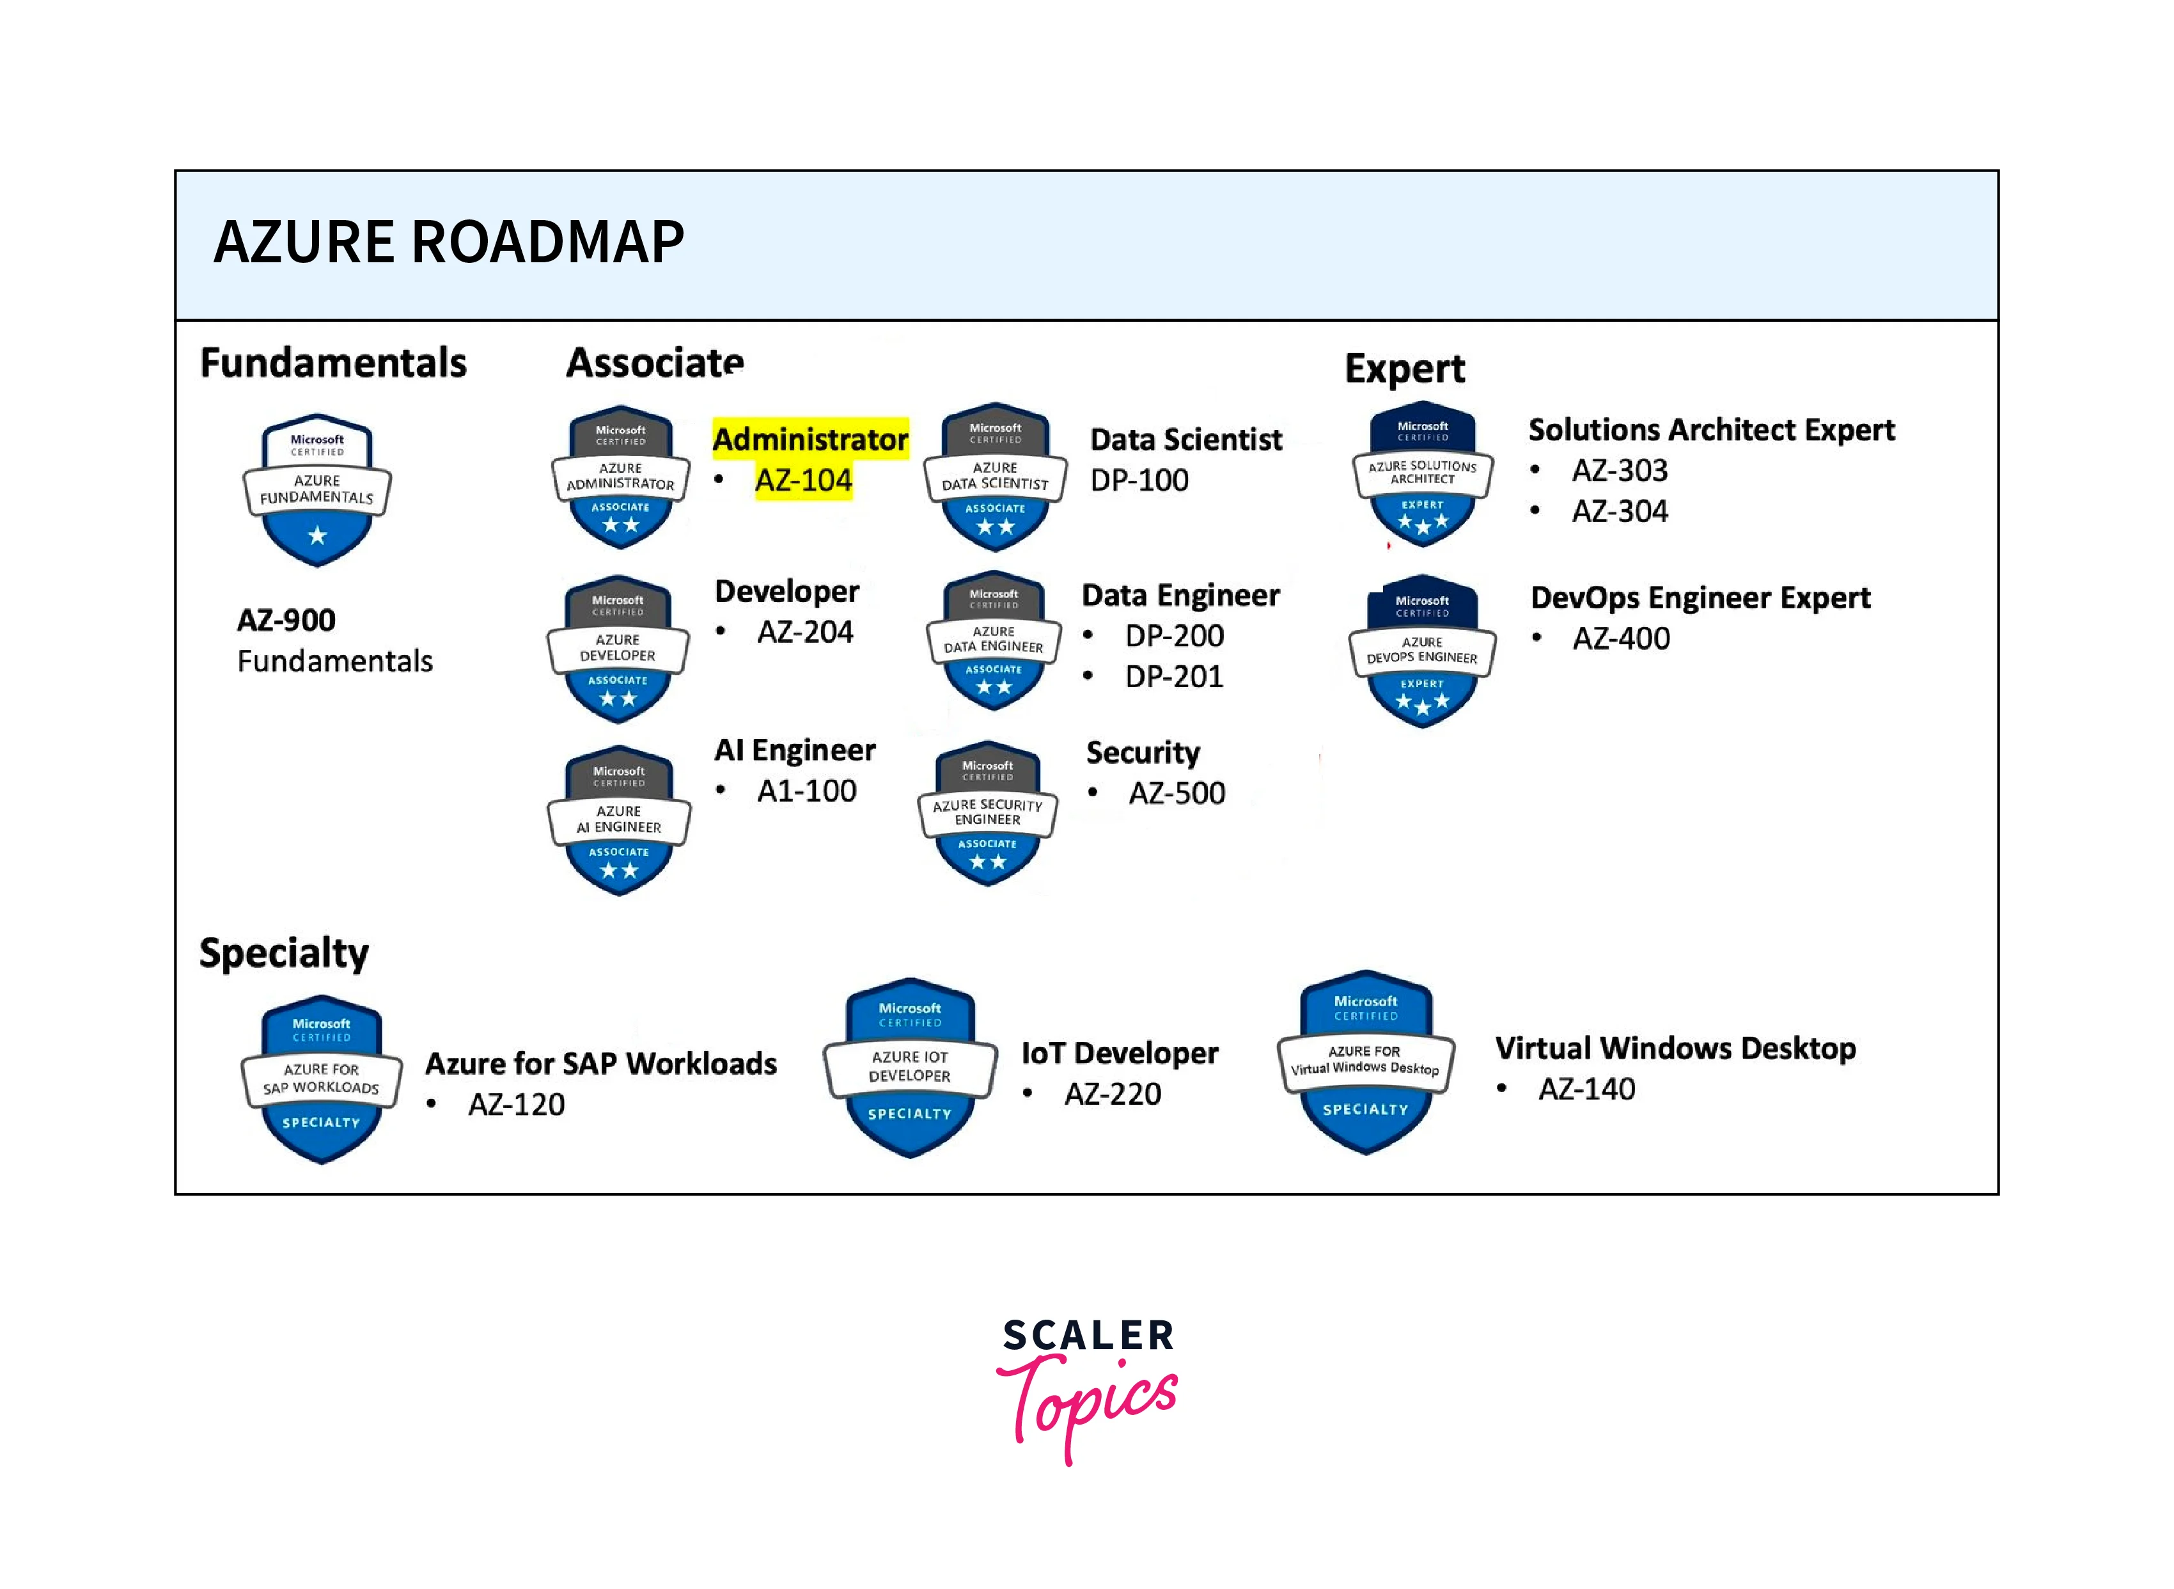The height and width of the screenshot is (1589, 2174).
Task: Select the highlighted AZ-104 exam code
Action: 804,480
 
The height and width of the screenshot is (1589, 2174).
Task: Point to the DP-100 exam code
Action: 1139,480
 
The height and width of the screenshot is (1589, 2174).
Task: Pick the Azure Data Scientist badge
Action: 995,477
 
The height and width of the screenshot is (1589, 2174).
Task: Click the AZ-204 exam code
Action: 806,632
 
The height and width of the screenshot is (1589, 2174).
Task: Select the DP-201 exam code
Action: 1174,676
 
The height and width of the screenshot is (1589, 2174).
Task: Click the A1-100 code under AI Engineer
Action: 807,791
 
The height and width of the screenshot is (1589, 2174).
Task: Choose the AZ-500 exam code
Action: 1177,793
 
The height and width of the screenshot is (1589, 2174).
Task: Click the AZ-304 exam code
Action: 1620,510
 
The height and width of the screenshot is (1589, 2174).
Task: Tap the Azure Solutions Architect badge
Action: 1423,474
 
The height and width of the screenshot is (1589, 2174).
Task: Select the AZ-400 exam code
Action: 1621,638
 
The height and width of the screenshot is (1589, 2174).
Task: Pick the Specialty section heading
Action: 284,953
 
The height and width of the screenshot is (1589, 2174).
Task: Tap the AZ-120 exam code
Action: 517,1104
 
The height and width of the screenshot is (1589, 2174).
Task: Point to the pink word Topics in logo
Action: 1088,1405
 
